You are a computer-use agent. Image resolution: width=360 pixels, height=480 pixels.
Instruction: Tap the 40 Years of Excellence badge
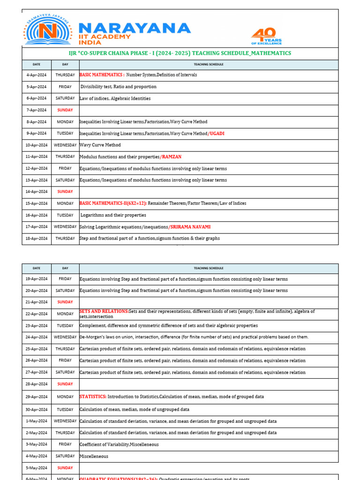click(x=266, y=36)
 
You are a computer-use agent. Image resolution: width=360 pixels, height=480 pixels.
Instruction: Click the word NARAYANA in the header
click(x=135, y=28)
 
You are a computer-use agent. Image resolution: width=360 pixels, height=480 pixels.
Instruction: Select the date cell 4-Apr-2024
click(x=36, y=75)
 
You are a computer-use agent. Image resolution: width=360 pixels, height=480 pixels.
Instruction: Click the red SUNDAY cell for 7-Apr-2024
click(x=65, y=110)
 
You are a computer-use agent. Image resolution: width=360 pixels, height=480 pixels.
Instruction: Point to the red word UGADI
click(x=217, y=134)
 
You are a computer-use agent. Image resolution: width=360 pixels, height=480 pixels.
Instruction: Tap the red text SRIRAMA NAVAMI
click(x=190, y=227)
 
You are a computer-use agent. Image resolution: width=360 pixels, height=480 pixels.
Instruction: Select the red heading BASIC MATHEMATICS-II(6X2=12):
click(x=113, y=203)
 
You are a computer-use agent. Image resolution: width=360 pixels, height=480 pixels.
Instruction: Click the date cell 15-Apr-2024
click(x=36, y=203)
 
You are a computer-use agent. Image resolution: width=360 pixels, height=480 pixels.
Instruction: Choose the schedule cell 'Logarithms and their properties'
click(x=113, y=215)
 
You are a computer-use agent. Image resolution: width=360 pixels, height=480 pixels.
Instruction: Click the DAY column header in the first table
click(x=65, y=64)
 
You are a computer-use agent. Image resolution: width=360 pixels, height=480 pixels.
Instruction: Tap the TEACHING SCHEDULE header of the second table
click(x=209, y=269)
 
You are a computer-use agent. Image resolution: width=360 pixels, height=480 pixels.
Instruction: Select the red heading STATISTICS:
click(x=93, y=397)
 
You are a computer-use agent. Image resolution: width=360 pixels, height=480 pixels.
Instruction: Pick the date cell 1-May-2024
click(x=36, y=421)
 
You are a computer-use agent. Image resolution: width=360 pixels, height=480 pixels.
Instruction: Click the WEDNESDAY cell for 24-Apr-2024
click(x=65, y=337)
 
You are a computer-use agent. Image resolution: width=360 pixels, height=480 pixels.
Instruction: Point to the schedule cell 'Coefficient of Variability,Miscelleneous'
click(x=119, y=444)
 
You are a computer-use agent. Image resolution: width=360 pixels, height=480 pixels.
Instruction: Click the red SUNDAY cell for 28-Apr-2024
click(x=65, y=384)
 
